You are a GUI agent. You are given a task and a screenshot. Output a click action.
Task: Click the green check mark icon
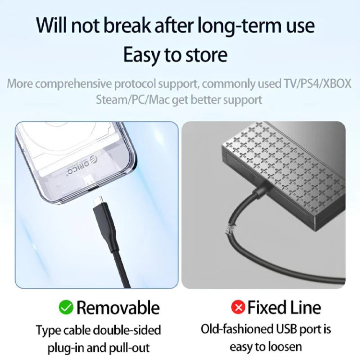tap(66, 307)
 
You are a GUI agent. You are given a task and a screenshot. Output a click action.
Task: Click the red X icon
tap(238, 307)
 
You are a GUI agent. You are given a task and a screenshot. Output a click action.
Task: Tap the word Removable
tap(118, 308)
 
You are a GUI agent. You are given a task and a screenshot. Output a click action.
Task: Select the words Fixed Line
tap(284, 307)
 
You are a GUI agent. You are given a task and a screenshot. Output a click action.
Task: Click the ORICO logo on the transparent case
tap(82, 165)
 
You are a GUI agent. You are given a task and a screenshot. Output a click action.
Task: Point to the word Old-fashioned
tap(237, 329)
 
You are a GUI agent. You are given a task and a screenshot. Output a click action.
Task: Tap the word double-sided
tap(127, 330)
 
